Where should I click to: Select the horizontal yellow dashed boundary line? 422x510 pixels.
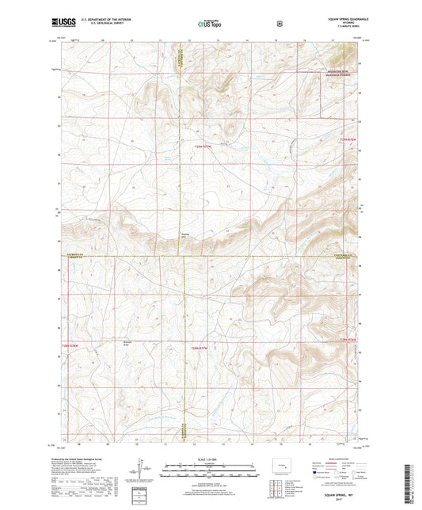[238, 256]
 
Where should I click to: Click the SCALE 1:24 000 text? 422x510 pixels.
[210, 459]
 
